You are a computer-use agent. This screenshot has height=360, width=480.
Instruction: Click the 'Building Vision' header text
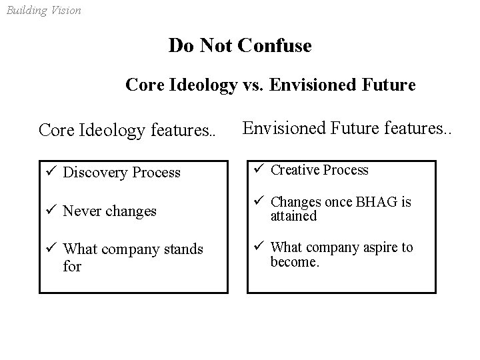43,10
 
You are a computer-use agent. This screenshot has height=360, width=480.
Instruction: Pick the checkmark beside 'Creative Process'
259,169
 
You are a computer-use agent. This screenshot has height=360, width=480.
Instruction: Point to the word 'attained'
293,216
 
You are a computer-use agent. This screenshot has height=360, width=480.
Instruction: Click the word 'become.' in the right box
295,262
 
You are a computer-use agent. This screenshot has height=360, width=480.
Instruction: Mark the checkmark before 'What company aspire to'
259,247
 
